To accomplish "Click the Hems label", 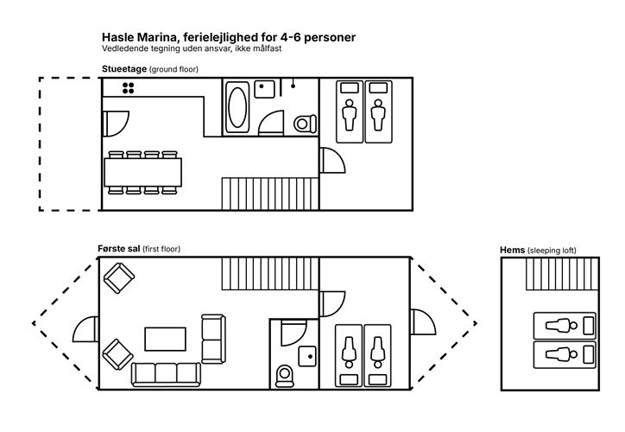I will [x=513, y=251].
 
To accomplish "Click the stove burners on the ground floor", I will [x=129, y=87].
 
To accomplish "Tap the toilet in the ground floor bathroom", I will [x=303, y=124].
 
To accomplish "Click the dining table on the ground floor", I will [x=144, y=172].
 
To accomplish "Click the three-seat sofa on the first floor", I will [x=165, y=372].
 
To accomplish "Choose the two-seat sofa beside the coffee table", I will [x=212, y=338].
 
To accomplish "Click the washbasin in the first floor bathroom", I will [x=307, y=354].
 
